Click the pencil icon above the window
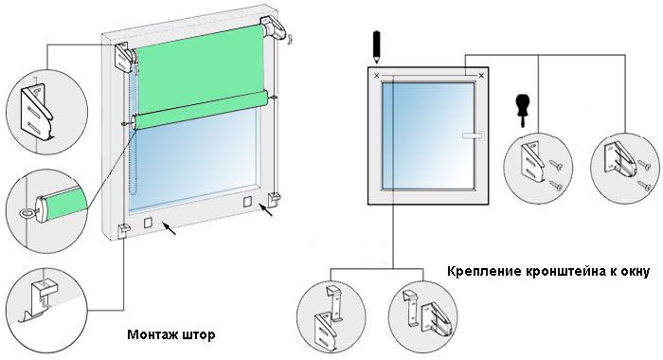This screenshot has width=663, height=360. (x=377, y=47)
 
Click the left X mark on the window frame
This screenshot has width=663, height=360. (x=377, y=76)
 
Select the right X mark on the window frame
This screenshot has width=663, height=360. (x=481, y=76)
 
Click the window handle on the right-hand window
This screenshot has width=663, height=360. (x=474, y=135)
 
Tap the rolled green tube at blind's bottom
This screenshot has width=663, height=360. (x=200, y=110)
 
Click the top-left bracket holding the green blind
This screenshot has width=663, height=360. (x=125, y=57)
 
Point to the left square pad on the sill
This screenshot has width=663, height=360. (x=148, y=223)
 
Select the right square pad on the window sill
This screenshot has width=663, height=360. (x=247, y=202)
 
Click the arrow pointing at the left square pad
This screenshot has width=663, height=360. (x=170, y=229)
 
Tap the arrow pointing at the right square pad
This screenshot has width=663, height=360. (x=266, y=209)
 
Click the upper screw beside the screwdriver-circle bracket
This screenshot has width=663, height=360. (x=555, y=165)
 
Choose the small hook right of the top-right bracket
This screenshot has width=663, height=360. (x=291, y=40)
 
